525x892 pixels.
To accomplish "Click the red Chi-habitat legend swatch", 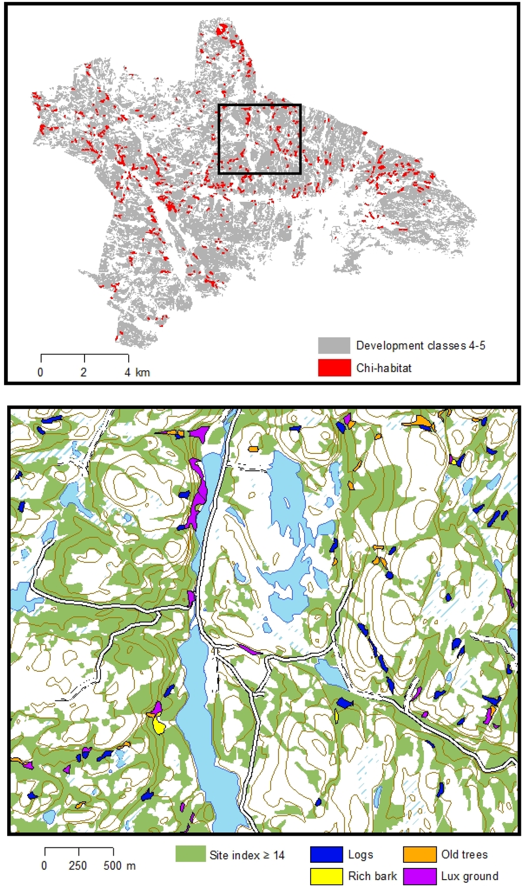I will pos(334,368).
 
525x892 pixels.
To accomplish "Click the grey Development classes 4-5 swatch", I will pos(334,345).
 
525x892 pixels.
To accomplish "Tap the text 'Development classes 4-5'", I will pos(420,345).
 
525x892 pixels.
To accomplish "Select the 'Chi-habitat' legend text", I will pos(383,368).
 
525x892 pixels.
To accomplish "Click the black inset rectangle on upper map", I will pos(259,106).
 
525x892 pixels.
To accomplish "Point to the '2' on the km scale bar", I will pos(84,372).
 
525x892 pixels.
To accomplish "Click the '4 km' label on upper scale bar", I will pos(137,372).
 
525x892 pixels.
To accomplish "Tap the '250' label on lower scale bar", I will pos(78,865).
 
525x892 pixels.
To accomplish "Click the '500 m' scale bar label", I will pos(119,865).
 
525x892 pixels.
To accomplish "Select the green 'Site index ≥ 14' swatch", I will pos(190,854).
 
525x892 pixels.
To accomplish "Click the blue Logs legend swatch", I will pos(326,854).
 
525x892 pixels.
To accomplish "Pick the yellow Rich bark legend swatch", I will pos(326,876).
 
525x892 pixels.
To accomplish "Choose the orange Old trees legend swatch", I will pos(419,854).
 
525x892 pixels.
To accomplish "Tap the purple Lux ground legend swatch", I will pos(419,876).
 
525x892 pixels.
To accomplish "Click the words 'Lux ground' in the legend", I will pos(470,876).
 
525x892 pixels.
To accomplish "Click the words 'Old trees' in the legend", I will pos(465,854).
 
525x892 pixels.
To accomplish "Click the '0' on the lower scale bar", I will pos(44,865).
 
